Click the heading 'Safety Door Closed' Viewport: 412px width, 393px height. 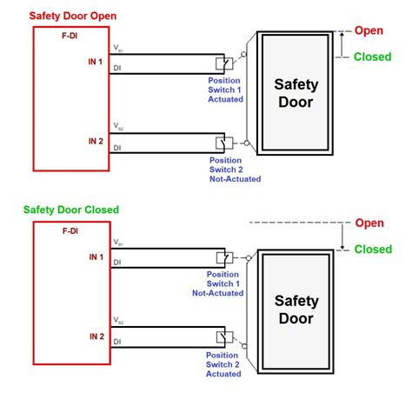71,210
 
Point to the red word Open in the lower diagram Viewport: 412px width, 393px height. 369,223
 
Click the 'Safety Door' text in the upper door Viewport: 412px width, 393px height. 296,93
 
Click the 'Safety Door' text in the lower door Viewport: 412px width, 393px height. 296,310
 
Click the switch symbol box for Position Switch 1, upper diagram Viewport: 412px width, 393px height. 222,63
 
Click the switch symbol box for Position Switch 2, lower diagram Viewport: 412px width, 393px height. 222,336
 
